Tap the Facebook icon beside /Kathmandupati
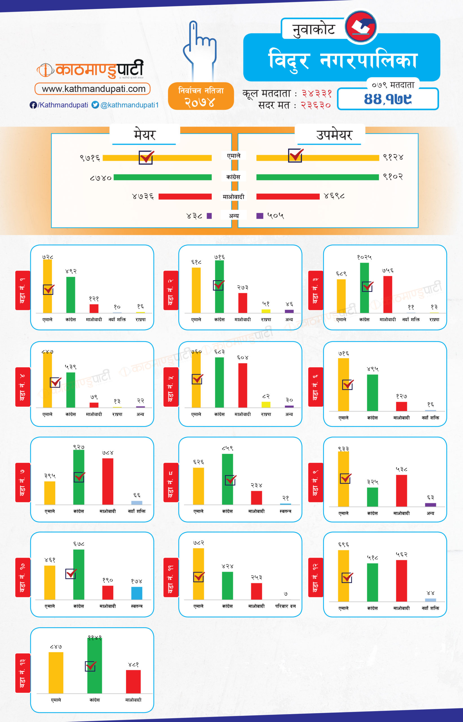[33, 105]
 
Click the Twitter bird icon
[95, 105]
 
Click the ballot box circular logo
[360, 27]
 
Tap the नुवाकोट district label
[314, 30]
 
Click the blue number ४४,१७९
[387, 99]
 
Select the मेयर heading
[145, 135]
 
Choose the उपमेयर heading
[334, 135]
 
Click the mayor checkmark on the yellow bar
[147, 157]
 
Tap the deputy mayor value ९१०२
[393, 177]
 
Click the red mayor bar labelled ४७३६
[185, 197]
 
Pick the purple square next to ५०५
[260, 216]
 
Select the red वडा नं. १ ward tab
[23, 290]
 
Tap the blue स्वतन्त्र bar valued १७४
[137, 593]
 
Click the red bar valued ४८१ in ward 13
[133, 681]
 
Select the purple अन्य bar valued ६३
[430, 505]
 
